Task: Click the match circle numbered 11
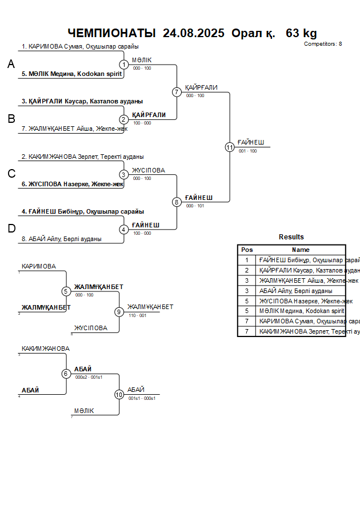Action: pos(230,147)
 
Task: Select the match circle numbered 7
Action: pos(177,92)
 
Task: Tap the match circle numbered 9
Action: pos(119,312)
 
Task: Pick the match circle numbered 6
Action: pos(66,374)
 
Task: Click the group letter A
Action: pos(11,65)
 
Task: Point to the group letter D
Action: pos(11,229)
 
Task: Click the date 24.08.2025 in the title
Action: pos(194,33)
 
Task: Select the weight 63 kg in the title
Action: pos(301,33)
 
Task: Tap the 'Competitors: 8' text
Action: pos(323,44)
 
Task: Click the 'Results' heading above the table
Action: pos(291,237)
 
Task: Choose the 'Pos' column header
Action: pos(247,250)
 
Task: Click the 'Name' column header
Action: pos(301,250)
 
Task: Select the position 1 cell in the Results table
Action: pos(247,260)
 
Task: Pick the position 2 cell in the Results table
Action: pos(247,270)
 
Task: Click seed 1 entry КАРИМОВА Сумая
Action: pos(80,47)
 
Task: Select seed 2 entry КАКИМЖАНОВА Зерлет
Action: pos(82,157)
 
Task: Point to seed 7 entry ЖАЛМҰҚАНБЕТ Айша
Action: pos(74,129)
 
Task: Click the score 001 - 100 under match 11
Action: pos(247,151)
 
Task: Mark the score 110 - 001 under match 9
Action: pos(137,316)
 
